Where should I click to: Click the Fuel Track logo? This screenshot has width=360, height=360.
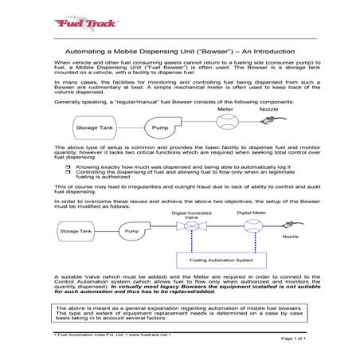tap(76, 25)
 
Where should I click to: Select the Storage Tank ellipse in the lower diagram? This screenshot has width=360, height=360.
tap(76, 231)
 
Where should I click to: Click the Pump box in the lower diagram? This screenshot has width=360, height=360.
tap(131, 231)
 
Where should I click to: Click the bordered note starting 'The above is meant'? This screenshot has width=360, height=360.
tap(180, 311)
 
